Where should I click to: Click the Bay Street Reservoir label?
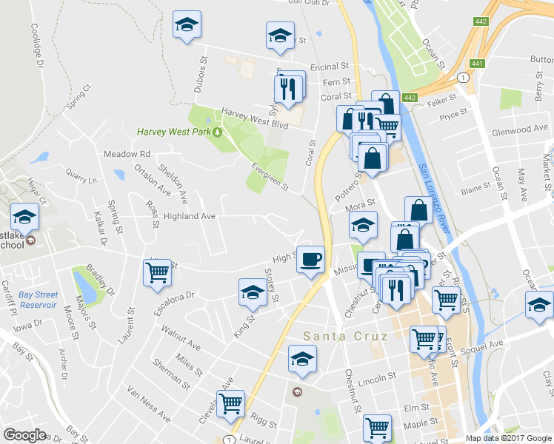click(38, 299)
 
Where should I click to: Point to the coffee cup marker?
click(310, 260)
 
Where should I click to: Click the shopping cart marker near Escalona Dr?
click(157, 273)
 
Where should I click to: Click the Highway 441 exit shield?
click(477, 64)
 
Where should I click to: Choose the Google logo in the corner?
click(25, 434)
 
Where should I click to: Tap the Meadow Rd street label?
click(127, 154)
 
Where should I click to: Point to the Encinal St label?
click(330, 67)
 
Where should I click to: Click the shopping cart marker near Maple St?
click(377, 427)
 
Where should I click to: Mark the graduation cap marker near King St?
click(253, 294)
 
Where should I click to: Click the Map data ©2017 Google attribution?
click(508, 438)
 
